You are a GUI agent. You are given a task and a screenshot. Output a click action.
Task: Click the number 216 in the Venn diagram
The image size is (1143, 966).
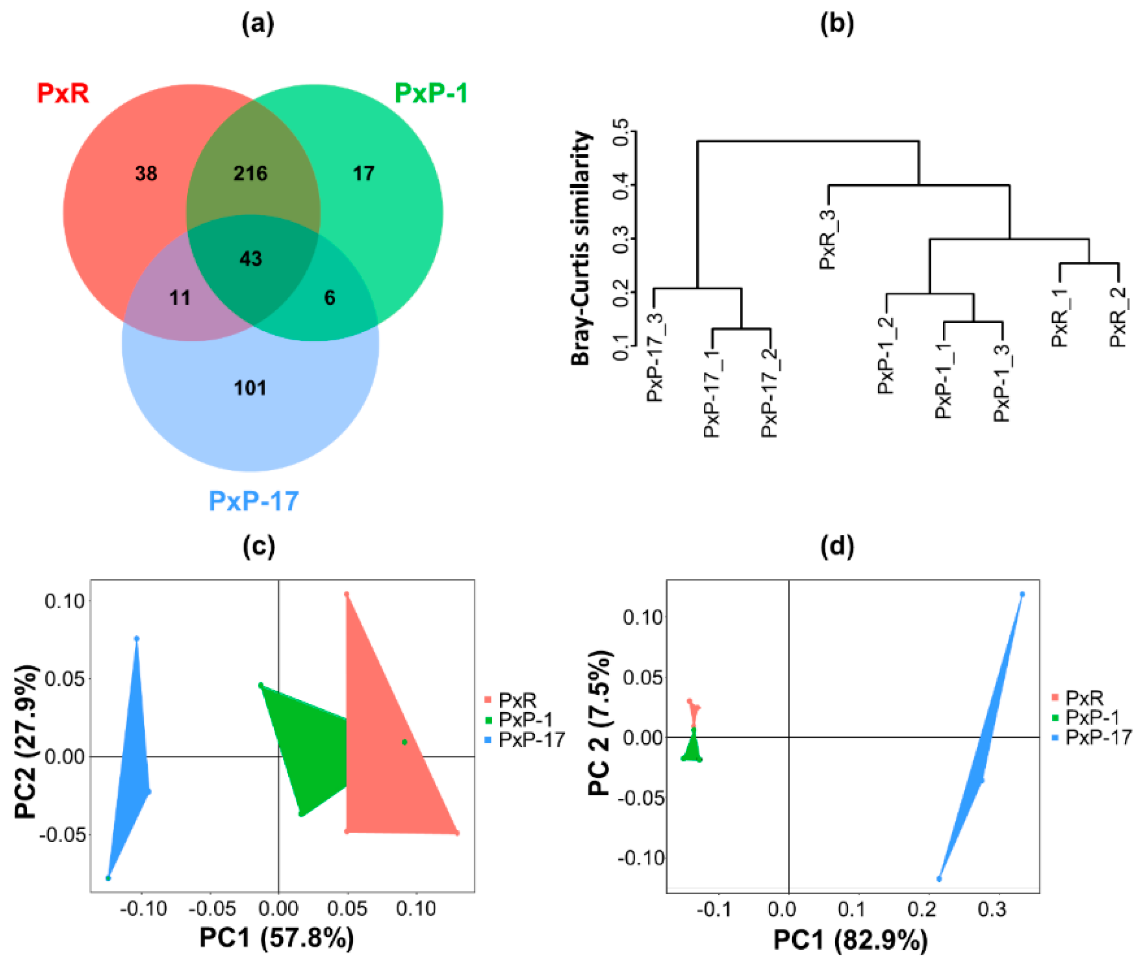pyautogui.click(x=250, y=174)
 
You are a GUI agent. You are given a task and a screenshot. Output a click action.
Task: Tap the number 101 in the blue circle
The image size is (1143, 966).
pyautogui.click(x=250, y=388)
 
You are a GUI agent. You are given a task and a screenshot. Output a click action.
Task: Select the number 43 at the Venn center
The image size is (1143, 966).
pyautogui.click(x=251, y=259)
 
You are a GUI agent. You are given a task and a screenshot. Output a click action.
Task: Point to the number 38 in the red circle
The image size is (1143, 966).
pyautogui.click(x=146, y=174)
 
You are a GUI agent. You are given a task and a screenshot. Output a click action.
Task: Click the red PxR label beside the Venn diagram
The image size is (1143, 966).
pyautogui.click(x=63, y=93)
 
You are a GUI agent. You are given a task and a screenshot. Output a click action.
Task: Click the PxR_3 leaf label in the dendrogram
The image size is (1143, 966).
pyautogui.click(x=828, y=239)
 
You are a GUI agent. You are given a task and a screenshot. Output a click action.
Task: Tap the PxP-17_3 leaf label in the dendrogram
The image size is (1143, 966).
pyautogui.click(x=655, y=358)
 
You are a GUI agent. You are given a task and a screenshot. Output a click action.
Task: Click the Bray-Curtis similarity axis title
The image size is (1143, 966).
pyautogui.click(x=582, y=248)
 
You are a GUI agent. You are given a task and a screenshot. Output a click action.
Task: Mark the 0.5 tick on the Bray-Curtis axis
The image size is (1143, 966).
pyautogui.click(x=621, y=132)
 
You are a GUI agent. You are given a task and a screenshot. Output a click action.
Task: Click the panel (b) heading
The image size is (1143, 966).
pyautogui.click(x=837, y=23)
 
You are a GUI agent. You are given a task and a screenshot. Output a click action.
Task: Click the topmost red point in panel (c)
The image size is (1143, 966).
pyautogui.click(x=346, y=594)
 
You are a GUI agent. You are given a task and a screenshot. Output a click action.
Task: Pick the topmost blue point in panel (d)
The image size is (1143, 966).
pyautogui.click(x=1022, y=594)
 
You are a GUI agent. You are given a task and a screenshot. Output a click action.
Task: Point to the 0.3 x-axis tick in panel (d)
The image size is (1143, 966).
pyautogui.click(x=991, y=910)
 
